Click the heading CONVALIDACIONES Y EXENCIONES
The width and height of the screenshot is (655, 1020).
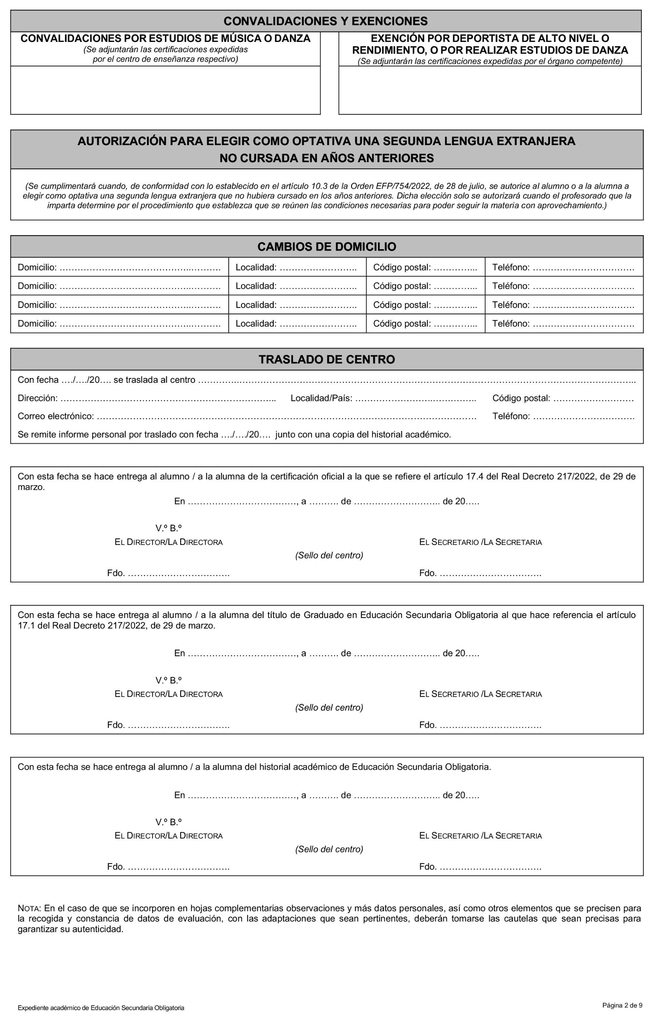coord(325,21)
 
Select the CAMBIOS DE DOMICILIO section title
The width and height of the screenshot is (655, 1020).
coord(327,247)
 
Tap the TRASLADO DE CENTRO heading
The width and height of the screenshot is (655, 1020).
coord(327,359)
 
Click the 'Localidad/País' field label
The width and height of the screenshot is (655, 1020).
coord(321,398)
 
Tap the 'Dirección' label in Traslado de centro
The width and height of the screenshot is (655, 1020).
coord(37,398)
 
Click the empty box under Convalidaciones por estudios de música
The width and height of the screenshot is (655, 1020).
coord(165,90)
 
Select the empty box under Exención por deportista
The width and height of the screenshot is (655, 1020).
coord(490,90)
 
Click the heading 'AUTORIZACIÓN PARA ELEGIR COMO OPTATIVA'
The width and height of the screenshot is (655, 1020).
coord(326,141)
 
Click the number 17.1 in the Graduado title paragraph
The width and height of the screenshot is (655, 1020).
coord(26,626)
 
